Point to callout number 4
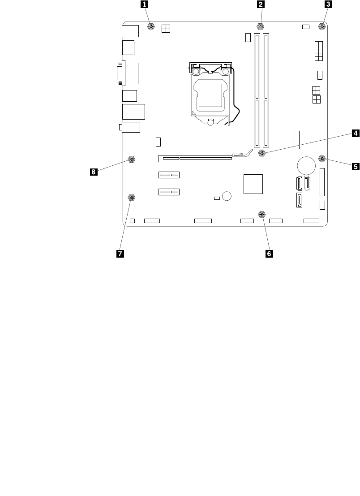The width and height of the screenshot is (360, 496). (354, 133)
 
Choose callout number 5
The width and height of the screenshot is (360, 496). (355, 167)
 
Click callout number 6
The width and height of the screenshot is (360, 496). (269, 254)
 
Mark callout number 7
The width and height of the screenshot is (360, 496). (120, 254)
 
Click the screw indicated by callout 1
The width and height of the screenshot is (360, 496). (151, 27)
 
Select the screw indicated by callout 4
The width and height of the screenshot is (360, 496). (262, 154)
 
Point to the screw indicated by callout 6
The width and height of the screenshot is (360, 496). (261, 214)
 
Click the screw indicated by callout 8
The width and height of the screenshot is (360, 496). (132, 160)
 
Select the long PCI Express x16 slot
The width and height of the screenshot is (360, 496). (195, 158)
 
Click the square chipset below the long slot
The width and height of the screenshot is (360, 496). (253, 184)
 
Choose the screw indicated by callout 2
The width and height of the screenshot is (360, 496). (261, 27)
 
